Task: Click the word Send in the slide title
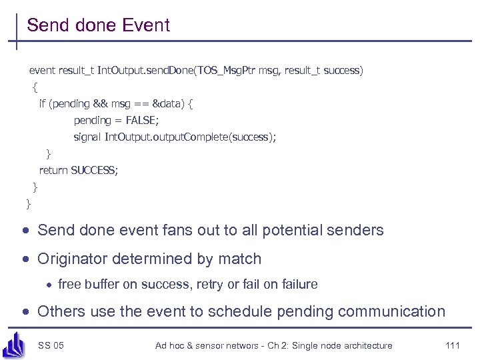pos(48,26)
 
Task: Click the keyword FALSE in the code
pos(143,120)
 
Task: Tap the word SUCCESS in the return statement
pos(93,170)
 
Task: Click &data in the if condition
pos(166,103)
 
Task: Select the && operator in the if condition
pos(101,103)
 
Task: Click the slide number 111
pos(452,345)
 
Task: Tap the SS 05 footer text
pos(51,345)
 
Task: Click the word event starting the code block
pos(42,70)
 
